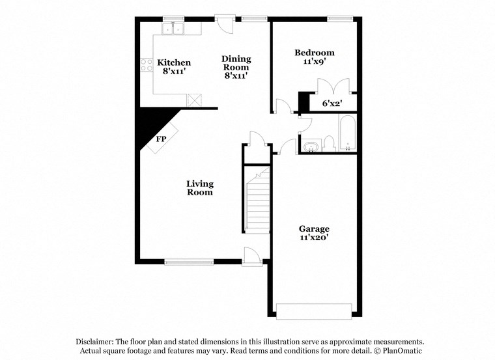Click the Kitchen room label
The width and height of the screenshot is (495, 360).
174,63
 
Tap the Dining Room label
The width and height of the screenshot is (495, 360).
236,62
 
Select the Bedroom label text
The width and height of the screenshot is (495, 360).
314,53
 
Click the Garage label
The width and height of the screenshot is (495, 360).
314,229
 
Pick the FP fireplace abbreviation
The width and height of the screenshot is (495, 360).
160,139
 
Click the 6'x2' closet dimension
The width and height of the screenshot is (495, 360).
332,104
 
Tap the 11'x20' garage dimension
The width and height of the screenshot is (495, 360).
314,238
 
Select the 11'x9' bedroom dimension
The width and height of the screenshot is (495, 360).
314,62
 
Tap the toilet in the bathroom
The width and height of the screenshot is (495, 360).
329,143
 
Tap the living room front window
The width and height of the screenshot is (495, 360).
189,262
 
